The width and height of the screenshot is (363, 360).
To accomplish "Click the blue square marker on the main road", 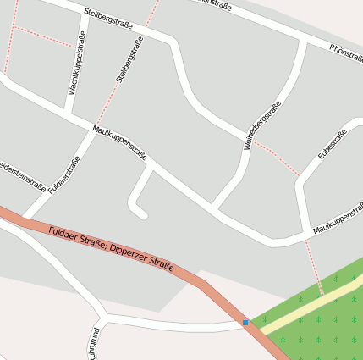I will tap(245, 322).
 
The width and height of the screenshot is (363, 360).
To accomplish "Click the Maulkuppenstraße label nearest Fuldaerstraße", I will tap(119, 143).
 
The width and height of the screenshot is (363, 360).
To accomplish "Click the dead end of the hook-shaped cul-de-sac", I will tap(143, 214).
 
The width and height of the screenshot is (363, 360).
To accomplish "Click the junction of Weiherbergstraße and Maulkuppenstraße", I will tap(213, 208).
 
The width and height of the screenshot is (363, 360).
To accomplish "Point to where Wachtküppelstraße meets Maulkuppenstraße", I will tap(67, 113).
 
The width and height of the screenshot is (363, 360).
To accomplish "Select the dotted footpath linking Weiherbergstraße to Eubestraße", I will tap(276, 158).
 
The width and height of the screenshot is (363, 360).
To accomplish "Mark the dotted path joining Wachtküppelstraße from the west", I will tap(42, 36).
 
